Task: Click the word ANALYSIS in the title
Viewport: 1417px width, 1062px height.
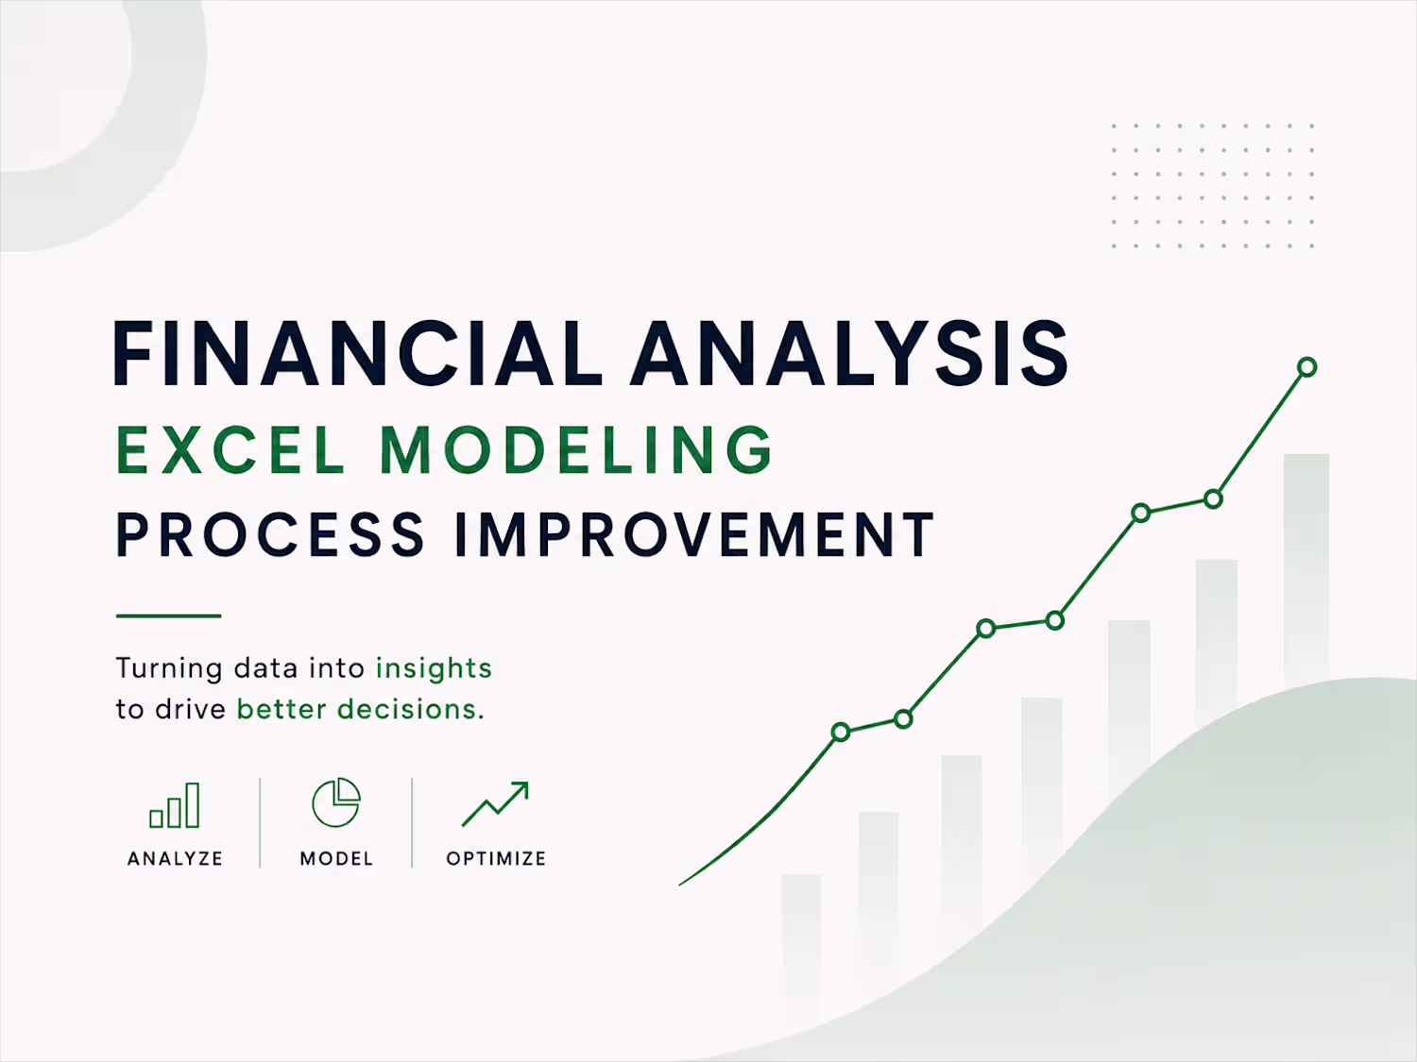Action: [850, 353]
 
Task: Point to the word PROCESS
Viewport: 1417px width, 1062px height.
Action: [270, 533]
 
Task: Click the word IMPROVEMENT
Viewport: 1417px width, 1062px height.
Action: [695, 533]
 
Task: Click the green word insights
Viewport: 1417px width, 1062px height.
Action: [434, 668]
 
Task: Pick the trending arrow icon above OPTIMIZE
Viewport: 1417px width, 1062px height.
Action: [496, 804]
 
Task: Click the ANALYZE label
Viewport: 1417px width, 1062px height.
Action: [175, 859]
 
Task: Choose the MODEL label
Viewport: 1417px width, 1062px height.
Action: [336, 859]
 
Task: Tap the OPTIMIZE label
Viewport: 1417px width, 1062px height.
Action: [497, 859]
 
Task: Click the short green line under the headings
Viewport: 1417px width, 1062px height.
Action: [168, 615]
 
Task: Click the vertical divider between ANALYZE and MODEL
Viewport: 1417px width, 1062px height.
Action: [260, 823]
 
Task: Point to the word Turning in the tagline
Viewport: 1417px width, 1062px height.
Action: [169, 668]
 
